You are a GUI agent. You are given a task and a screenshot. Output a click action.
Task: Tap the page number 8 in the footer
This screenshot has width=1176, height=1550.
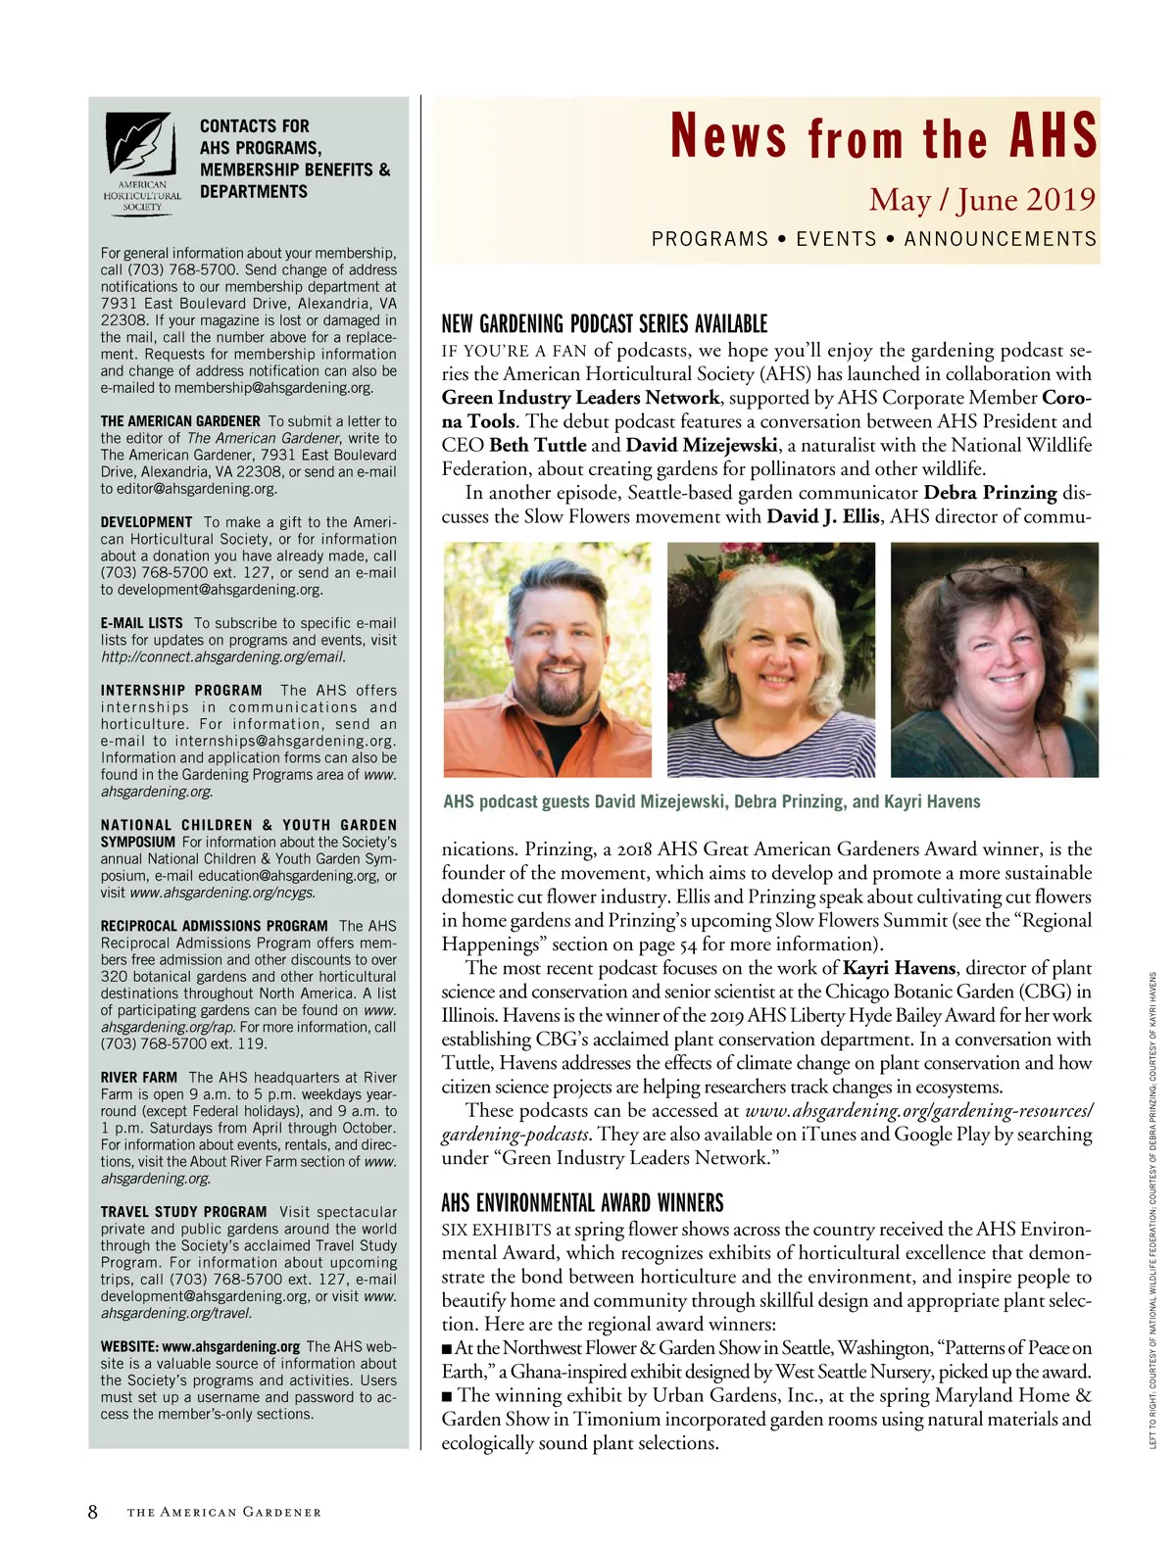[x=93, y=1512]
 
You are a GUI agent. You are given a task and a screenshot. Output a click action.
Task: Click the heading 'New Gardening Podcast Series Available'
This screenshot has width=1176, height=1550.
[x=604, y=324]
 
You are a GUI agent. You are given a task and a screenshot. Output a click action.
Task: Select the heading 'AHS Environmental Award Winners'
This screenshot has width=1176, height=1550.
[x=582, y=1203]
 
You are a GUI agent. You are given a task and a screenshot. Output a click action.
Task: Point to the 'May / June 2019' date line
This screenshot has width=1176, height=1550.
[x=981, y=200]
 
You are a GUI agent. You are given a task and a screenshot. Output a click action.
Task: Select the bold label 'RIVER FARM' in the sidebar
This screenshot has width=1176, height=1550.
[x=139, y=1078]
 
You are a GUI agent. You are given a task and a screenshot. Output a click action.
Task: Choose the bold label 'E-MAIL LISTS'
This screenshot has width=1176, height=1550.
[x=142, y=623]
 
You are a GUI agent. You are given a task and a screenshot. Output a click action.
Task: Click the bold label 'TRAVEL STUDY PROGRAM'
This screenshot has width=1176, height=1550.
[x=183, y=1212]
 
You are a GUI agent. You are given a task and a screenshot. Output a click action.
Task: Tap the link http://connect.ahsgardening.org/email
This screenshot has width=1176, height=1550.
[x=222, y=656]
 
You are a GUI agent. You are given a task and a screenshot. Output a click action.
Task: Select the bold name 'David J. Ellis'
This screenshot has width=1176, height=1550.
[x=822, y=516]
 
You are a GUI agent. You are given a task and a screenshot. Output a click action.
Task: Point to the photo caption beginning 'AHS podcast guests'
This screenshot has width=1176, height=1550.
[x=711, y=801]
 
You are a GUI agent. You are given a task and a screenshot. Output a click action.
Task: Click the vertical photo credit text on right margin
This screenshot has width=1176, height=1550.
[x=1153, y=1210]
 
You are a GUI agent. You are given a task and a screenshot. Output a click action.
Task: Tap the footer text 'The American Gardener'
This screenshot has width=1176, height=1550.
[x=223, y=1513]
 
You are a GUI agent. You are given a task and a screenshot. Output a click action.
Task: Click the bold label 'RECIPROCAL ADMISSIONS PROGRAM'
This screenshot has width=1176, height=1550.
[x=214, y=926]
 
